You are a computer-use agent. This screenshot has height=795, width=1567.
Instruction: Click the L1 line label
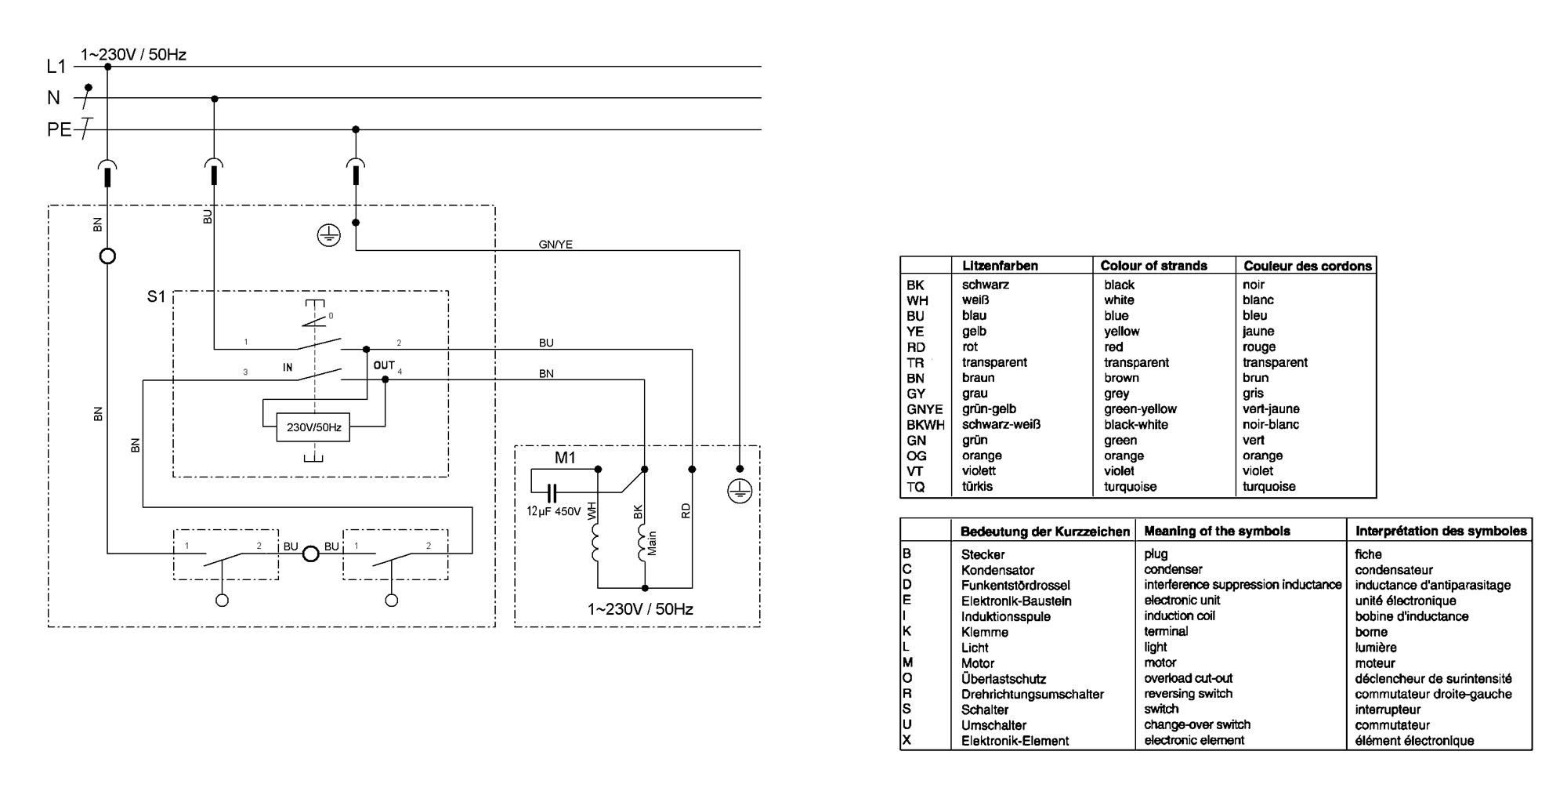click(56, 67)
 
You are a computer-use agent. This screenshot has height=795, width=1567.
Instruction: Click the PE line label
click(59, 129)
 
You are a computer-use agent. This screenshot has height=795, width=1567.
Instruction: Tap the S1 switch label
click(157, 297)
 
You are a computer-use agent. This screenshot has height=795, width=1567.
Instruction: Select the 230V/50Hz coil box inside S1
click(313, 427)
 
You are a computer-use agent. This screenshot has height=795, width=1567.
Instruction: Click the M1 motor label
click(565, 458)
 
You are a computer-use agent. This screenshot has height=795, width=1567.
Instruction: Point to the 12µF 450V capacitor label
click(554, 512)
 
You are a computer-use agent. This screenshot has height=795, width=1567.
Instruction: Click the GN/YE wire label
click(556, 245)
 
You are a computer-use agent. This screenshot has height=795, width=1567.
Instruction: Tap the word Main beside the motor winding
click(652, 544)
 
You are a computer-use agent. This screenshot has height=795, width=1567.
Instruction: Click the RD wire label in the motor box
click(686, 510)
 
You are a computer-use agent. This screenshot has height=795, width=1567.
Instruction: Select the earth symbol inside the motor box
click(740, 492)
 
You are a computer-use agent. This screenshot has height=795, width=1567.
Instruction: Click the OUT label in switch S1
click(384, 365)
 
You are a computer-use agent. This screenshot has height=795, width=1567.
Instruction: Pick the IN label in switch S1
click(288, 367)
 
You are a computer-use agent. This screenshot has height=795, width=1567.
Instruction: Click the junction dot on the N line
click(215, 99)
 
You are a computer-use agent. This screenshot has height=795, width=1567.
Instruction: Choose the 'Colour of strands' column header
click(1153, 266)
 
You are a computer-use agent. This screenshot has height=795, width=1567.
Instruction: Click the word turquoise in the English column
click(1131, 487)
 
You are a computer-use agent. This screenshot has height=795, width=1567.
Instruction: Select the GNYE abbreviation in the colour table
click(925, 409)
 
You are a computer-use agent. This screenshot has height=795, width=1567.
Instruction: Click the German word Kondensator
click(997, 570)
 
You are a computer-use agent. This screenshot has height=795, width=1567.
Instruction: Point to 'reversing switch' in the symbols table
click(1188, 694)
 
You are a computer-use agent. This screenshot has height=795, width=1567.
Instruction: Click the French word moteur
click(1374, 663)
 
